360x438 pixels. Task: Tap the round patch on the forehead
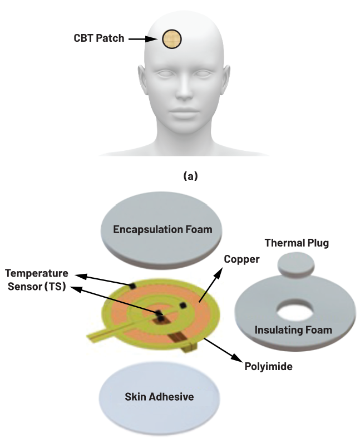172,38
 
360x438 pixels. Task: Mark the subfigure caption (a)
182,176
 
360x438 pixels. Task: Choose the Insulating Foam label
293,330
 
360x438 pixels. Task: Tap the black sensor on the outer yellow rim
133,286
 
